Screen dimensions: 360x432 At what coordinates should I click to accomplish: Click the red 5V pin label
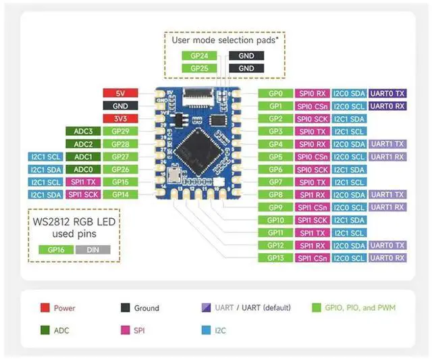121,93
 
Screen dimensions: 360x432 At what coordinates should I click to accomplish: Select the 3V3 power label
121,118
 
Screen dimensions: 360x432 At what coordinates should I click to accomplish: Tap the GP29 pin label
121,131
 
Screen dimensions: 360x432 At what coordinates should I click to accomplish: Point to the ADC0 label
83,169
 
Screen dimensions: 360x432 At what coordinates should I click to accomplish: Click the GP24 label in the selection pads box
199,56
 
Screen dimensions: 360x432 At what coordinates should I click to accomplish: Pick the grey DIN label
92,249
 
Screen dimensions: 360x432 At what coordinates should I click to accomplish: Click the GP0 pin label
275,93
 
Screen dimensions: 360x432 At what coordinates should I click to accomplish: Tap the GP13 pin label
275,258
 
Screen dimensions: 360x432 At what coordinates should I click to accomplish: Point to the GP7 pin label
275,182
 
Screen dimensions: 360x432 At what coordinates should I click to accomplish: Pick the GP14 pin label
121,195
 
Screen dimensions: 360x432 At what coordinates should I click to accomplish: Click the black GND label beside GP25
246,68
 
